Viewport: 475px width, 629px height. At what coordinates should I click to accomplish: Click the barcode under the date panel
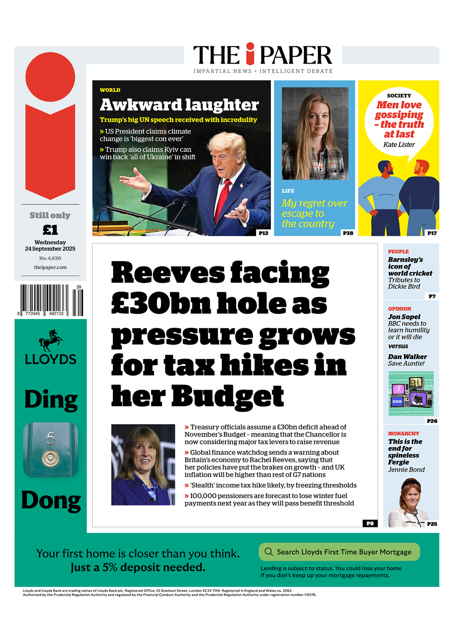pyautogui.click(x=50, y=301)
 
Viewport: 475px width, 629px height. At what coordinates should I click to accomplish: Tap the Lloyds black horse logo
pyautogui.click(x=51, y=340)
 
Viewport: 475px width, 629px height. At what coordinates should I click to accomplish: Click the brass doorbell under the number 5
pyautogui.click(x=51, y=458)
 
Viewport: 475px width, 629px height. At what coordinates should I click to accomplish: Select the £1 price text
pyautogui.click(x=50, y=230)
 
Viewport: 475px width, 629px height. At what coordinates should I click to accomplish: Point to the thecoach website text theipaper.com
pyautogui.click(x=50, y=268)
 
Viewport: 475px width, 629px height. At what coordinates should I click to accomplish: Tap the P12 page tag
pyautogui.click(x=263, y=233)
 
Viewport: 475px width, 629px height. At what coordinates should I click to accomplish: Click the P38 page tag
pyautogui.click(x=348, y=233)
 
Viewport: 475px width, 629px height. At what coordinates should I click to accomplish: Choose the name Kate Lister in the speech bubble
pyautogui.click(x=399, y=145)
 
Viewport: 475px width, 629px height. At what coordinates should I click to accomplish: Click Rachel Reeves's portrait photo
pyautogui.click(x=143, y=464)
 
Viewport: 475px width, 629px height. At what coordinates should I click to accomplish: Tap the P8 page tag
pyautogui.click(x=370, y=523)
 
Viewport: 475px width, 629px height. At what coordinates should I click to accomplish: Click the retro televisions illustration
pyautogui.click(x=411, y=393)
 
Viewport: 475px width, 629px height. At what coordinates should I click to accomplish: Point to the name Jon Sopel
pyautogui.click(x=404, y=317)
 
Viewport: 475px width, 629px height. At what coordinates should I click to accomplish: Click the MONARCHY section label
pyautogui.click(x=404, y=434)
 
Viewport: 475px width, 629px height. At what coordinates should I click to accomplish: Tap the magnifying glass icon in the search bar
pyautogui.click(x=269, y=552)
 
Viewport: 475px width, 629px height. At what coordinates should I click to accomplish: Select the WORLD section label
pyautogui.click(x=110, y=90)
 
